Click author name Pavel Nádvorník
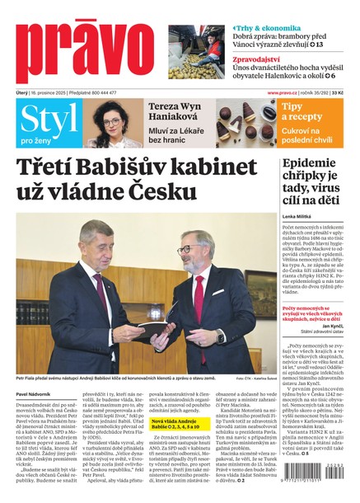37,395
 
